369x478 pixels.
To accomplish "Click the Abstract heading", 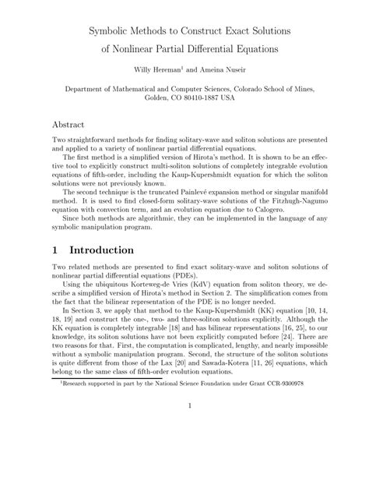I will (x=72, y=125).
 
